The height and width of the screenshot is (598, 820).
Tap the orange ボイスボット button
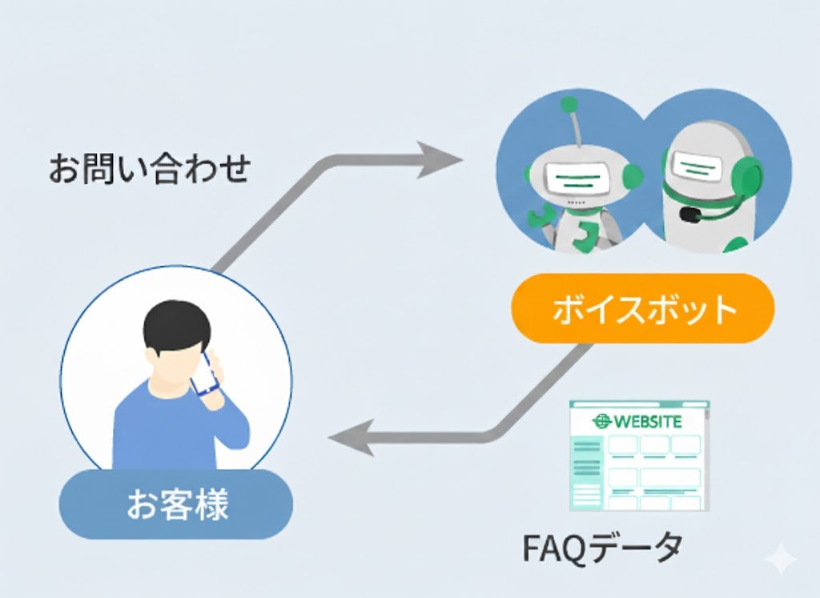[643, 309]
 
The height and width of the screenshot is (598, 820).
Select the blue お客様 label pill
[177, 504]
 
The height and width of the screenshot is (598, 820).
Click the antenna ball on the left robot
[569, 104]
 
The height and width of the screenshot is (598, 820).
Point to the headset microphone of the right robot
[688, 215]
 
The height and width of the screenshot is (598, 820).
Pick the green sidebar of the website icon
[588, 472]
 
